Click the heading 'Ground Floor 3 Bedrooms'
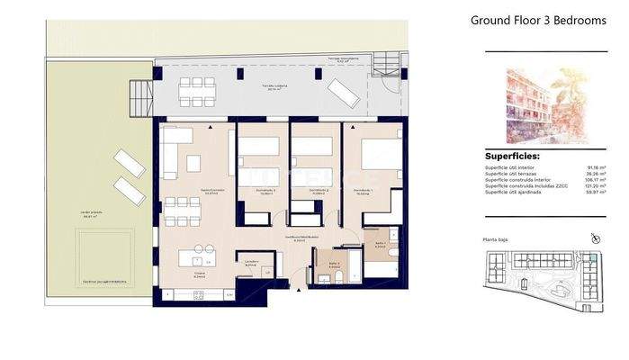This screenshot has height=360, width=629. point(537,21)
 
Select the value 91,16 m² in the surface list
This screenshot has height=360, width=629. point(594,166)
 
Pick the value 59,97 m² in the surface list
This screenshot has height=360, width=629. point(594,192)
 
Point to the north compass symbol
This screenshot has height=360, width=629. point(594,238)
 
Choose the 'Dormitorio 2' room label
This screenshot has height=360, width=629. point(316,190)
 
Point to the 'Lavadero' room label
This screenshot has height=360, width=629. point(252,263)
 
